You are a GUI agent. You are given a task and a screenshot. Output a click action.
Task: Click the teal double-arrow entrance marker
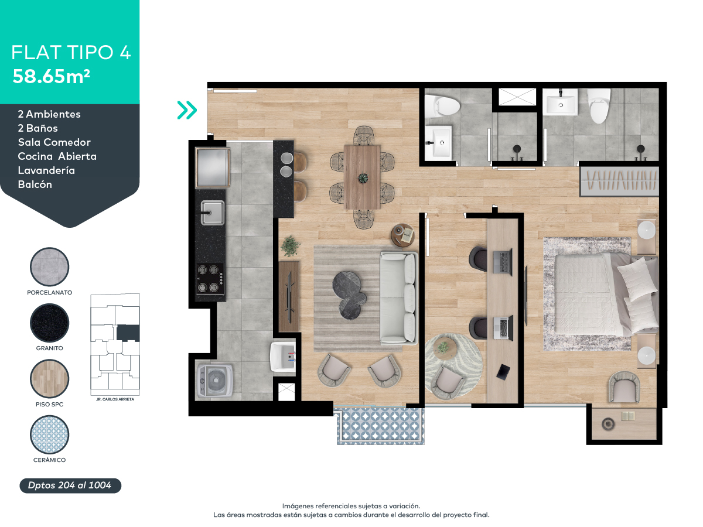pyautogui.click(x=187, y=109)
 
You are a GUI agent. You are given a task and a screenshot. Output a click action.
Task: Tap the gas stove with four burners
pyautogui.click(x=210, y=279)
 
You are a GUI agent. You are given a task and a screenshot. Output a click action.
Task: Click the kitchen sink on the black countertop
pyautogui.click(x=212, y=213)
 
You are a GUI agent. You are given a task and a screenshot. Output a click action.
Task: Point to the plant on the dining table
pyautogui.click(x=362, y=177)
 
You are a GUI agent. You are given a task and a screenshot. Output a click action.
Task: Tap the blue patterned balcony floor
pyautogui.click(x=380, y=426)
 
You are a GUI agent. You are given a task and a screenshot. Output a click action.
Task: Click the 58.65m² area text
pyautogui.click(x=52, y=77)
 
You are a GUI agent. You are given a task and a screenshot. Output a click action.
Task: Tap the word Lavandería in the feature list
pyautogui.click(x=46, y=170)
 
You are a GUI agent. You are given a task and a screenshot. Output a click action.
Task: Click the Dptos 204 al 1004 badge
pyautogui.click(x=70, y=485)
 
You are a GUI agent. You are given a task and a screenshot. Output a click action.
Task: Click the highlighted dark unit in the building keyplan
pyautogui.click(x=128, y=333)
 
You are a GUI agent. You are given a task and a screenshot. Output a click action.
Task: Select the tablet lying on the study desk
pyautogui.click(x=503, y=371)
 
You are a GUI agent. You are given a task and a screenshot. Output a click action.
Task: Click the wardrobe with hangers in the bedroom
pyautogui.click(x=619, y=181)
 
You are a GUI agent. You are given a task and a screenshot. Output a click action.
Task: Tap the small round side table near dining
pyautogui.click(x=403, y=234)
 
